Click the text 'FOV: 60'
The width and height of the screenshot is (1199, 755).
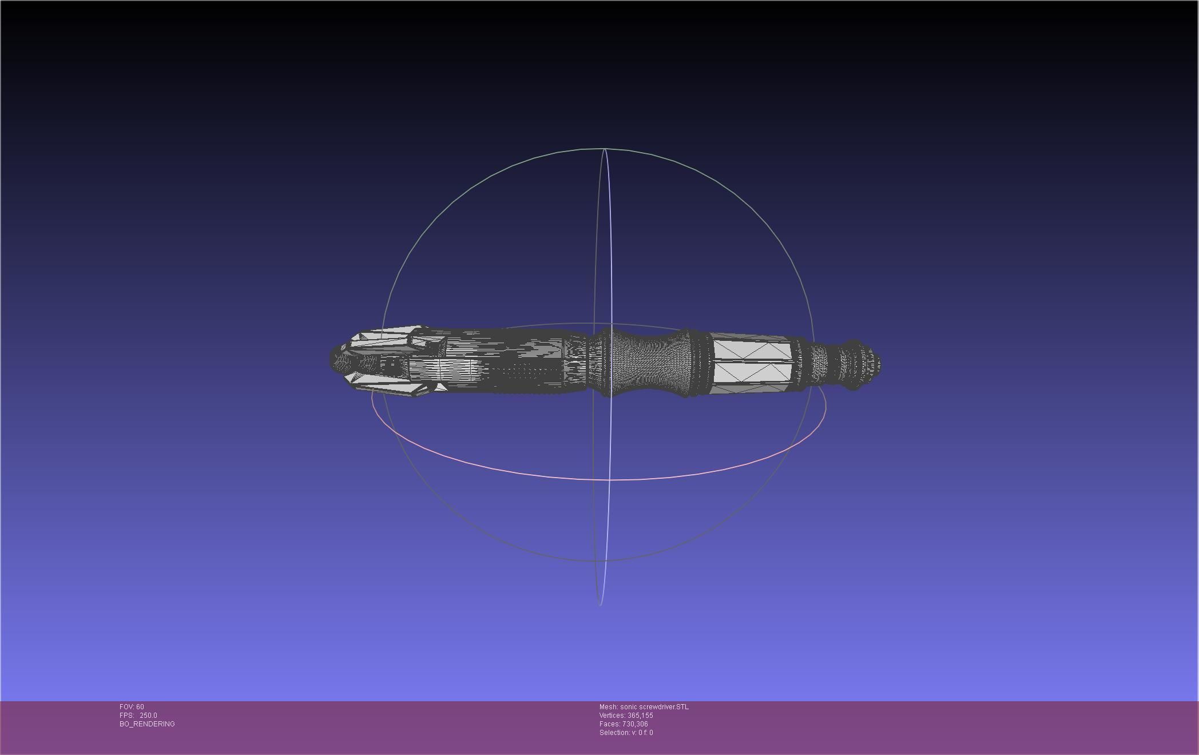[132, 707]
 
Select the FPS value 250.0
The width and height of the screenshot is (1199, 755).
[148, 716]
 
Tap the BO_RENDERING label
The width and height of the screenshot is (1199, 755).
[147, 724]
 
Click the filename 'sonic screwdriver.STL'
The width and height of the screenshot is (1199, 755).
[654, 707]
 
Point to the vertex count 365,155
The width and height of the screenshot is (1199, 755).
[640, 716]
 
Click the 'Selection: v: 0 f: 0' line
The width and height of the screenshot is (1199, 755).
[626, 733]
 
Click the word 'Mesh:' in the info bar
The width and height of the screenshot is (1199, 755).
[609, 707]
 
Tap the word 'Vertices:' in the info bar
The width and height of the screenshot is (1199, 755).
[612, 716]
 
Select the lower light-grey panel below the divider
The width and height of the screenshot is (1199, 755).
[752, 372]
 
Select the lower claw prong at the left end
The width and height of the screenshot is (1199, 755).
[389, 386]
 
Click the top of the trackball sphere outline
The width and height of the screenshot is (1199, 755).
[598, 148]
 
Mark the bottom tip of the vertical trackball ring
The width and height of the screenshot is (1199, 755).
[600, 605]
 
